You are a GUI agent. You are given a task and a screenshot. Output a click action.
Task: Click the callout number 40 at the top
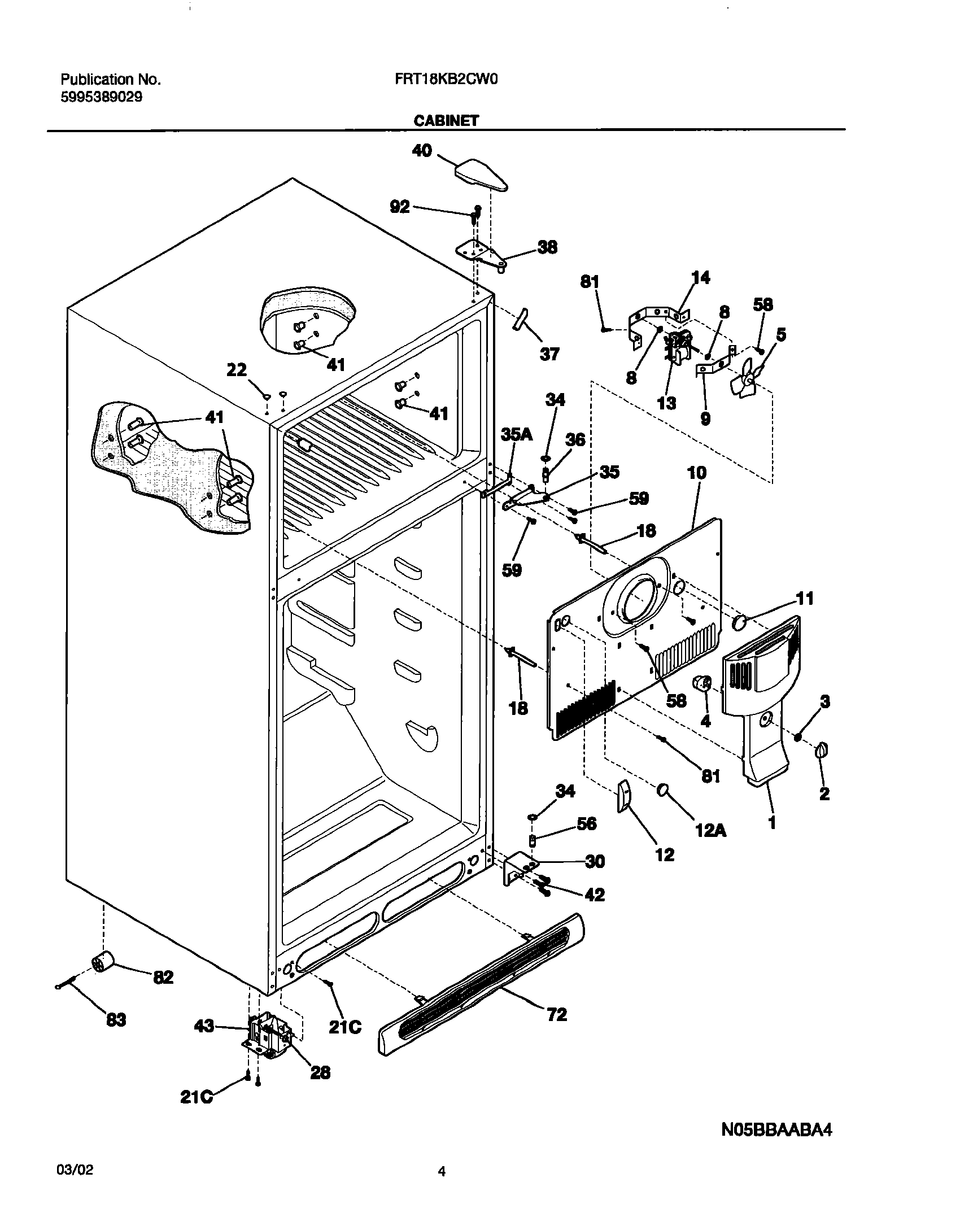(422, 151)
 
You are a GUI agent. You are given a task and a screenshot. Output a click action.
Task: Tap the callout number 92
(400, 207)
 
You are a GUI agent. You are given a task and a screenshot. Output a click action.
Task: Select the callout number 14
(701, 278)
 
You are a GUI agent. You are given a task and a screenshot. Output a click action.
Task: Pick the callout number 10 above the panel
(696, 473)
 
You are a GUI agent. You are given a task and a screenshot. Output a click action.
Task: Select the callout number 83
(116, 1020)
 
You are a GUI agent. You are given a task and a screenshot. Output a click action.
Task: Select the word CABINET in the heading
(446, 121)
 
